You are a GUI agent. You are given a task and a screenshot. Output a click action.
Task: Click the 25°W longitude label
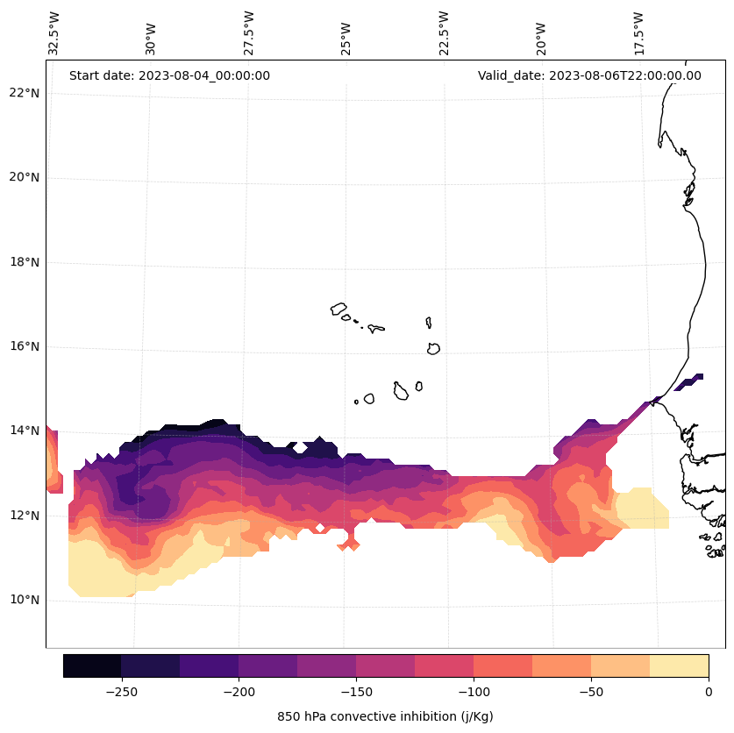pos(346,34)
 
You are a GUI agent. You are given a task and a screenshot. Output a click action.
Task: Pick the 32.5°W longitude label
pos(54,32)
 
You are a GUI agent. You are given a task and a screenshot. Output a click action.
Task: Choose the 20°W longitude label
pos(541,34)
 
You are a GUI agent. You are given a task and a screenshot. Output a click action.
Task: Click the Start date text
pos(169,75)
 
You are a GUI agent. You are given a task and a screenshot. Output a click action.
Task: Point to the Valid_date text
pos(589,75)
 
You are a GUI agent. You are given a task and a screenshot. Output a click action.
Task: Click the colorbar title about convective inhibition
pos(385,716)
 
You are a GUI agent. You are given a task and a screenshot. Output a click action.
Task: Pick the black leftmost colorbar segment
pos(92,665)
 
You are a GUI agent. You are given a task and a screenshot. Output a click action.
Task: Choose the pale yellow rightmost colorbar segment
pos(679,665)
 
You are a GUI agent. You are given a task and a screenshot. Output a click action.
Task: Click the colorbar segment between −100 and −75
pos(502,665)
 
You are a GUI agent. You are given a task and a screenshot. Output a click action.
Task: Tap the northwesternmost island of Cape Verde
pos(338,309)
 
